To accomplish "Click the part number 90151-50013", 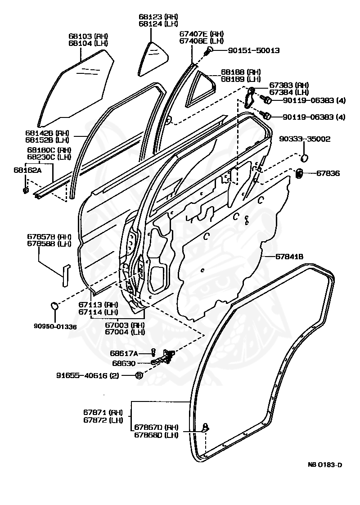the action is [x=254, y=50].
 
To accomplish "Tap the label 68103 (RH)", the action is [x=88, y=36].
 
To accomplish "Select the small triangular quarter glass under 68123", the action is [x=153, y=59].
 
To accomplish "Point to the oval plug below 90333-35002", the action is [x=304, y=158].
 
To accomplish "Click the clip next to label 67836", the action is [x=299, y=173].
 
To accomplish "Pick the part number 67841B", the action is [x=289, y=257].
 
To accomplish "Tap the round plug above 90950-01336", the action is [x=55, y=305].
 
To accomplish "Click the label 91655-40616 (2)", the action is [x=88, y=375].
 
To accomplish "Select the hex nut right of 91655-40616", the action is [x=139, y=375].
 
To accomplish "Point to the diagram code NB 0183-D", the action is [x=324, y=465].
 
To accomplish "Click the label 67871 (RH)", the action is [x=103, y=413].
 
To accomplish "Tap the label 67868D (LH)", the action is [x=156, y=434].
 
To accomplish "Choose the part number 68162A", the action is [x=28, y=170].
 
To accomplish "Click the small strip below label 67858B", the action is [x=66, y=275].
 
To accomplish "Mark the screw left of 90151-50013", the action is [x=209, y=50].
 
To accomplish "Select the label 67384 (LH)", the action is [x=289, y=92].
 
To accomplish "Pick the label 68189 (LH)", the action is [x=241, y=79].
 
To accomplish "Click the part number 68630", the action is [x=124, y=363].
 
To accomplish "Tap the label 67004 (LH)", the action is [x=125, y=332].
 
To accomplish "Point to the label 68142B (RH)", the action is [x=47, y=133].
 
